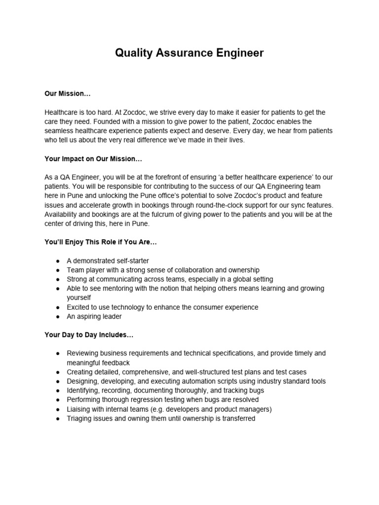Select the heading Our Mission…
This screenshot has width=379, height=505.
point(68,94)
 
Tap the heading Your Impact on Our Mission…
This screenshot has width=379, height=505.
point(93,159)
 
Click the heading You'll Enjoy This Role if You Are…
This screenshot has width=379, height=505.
point(101,242)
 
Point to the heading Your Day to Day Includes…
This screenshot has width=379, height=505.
point(89,335)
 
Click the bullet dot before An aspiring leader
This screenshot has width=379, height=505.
point(58,317)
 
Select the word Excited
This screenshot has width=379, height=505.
point(79,307)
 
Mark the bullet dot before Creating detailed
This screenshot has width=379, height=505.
point(58,372)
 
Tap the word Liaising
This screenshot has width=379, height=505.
point(79,409)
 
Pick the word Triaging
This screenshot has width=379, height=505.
point(80,418)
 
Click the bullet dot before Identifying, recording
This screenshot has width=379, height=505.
point(58,391)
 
